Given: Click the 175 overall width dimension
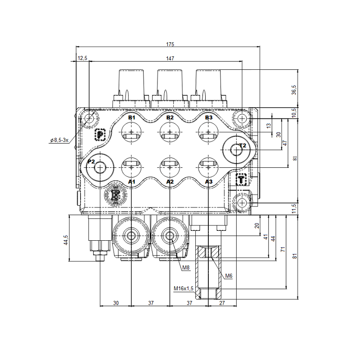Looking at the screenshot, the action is (x=170, y=44).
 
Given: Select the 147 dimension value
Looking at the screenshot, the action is (x=170, y=58).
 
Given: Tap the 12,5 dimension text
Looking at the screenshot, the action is (x=82, y=58).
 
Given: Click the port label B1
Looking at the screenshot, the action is (x=131, y=117).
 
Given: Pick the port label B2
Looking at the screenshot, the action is (x=170, y=117).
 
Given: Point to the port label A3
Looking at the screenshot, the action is (x=208, y=182).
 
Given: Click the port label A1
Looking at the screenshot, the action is (x=131, y=182).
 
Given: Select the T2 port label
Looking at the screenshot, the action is (x=243, y=145).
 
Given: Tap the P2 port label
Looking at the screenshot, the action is (x=91, y=162).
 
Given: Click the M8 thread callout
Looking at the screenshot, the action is (x=186, y=267).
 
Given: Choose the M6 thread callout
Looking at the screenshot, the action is (x=229, y=276).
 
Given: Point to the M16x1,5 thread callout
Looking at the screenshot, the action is (x=184, y=288).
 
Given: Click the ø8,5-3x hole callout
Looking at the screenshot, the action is (x=59, y=140).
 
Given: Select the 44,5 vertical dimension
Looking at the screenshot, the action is (x=66, y=240).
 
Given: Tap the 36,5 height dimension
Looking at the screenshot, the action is (x=294, y=90).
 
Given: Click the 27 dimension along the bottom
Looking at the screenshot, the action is (x=222, y=303).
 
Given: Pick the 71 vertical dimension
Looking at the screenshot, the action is (x=283, y=249).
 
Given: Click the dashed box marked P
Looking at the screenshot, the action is (x=100, y=135).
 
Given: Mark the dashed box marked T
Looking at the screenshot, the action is (x=241, y=179).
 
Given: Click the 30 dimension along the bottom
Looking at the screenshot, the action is (x=116, y=303).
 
